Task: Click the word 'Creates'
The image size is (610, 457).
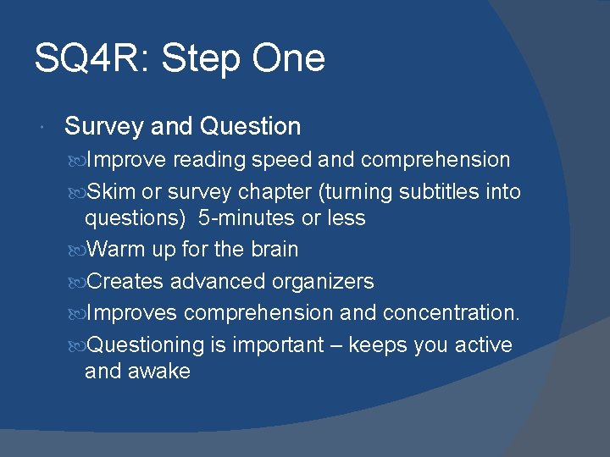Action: (x=125, y=281)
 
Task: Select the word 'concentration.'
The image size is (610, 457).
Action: (x=451, y=312)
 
